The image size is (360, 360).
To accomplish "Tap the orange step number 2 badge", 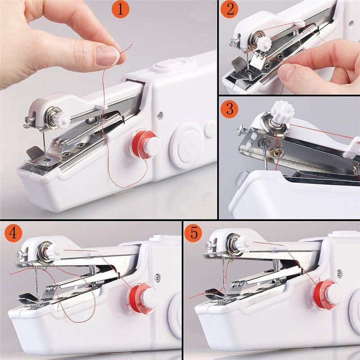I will [230, 9].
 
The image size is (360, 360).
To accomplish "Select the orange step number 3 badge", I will [230, 109].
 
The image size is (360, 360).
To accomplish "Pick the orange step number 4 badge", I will [14, 233].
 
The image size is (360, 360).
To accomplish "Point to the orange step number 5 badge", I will [194, 233].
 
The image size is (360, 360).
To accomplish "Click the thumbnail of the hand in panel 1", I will [107, 56].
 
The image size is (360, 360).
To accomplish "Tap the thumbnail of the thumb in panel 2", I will [288, 72].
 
